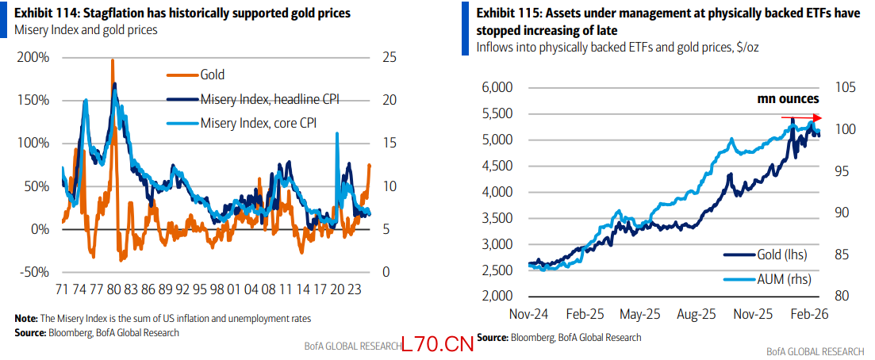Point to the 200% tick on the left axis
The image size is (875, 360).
33,58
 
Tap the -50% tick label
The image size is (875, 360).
34,272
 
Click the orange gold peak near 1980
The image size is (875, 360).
112,61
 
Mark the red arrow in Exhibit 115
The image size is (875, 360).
800,118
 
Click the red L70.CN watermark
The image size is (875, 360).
437,345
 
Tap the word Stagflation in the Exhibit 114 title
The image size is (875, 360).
106,14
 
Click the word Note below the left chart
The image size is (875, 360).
25,318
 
